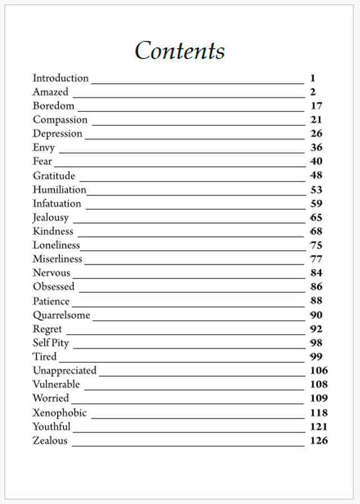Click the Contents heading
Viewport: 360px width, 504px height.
180,51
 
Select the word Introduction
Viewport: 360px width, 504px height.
60,78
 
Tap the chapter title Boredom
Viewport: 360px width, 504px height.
53,106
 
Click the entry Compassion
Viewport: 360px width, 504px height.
60,120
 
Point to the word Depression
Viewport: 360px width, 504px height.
57,134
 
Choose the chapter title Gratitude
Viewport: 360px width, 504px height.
53,176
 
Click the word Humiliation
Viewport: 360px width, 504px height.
59,190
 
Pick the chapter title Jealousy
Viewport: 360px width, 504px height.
51,218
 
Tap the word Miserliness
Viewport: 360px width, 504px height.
57,259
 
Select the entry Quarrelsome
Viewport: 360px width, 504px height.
61,315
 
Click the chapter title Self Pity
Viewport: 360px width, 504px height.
51,343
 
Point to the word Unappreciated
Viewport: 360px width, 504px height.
65,371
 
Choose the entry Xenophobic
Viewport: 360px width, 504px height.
60,413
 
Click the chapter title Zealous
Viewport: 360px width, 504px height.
50,440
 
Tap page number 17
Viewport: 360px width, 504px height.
316,106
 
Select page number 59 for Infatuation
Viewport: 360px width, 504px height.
316,204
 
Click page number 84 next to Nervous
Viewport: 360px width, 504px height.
316,273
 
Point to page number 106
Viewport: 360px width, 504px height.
318,371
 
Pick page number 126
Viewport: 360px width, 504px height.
318,440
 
